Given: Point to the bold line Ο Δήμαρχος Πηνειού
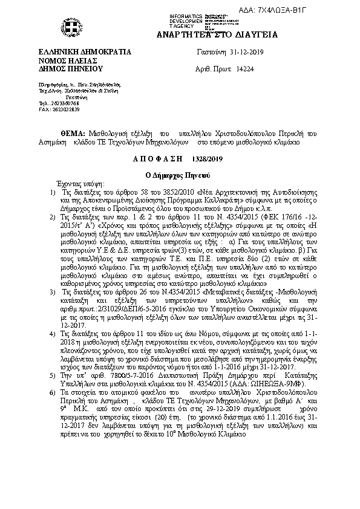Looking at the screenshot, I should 180,174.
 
